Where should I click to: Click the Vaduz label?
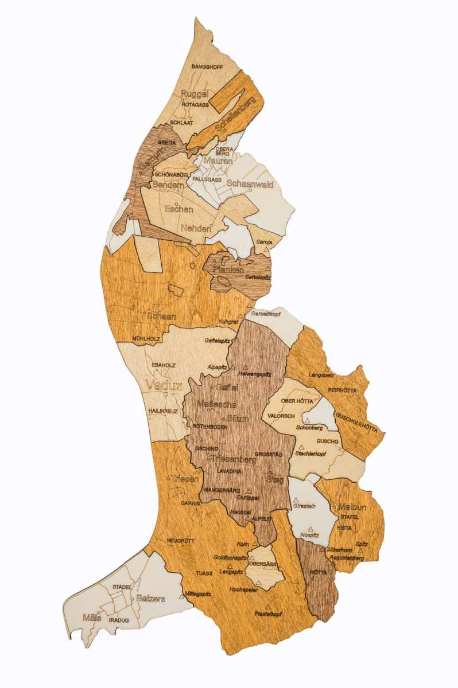point(164,385)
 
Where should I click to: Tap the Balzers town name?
point(151,599)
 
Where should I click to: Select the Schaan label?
point(161,316)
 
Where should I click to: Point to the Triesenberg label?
point(234,459)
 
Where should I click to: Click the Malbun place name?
point(352,507)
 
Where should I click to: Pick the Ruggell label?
point(194,94)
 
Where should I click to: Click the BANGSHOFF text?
point(207,67)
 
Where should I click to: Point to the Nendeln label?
point(196,228)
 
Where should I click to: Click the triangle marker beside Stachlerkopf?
point(300,447)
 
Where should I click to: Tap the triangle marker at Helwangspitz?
point(246,367)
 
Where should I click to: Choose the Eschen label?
point(178,209)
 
